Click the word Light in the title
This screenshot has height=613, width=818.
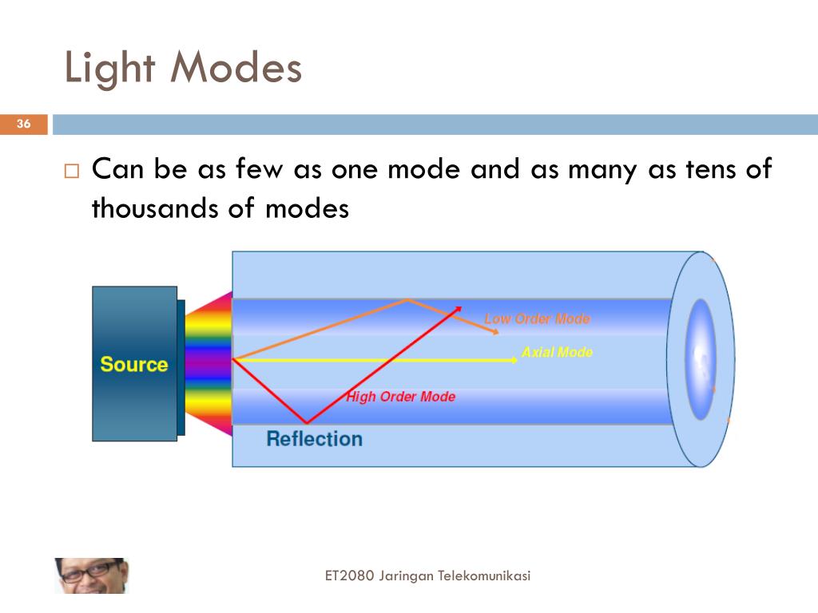109,69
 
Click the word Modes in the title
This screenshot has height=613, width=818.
236,69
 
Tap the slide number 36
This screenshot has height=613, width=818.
23,124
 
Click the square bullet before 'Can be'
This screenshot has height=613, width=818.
72,171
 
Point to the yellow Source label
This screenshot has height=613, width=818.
133,365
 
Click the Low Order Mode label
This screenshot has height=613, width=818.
537,318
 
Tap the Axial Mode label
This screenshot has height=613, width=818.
557,352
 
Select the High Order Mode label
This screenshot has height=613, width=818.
400,397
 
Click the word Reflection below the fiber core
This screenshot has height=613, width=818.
314,439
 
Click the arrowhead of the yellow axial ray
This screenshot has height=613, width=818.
514,360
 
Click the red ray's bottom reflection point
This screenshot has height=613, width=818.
306,422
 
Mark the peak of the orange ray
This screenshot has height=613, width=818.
408,300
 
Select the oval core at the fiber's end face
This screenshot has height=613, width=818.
701,359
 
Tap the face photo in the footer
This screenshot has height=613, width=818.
90,575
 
